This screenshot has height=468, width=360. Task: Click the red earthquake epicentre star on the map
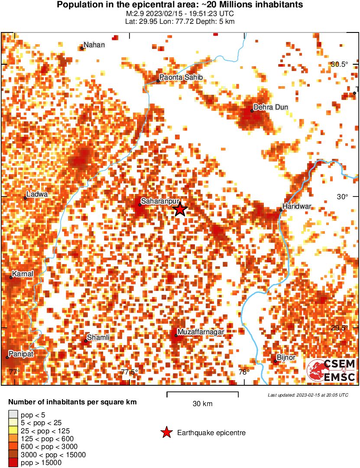click(x=180, y=210)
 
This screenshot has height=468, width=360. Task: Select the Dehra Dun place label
click(x=270, y=107)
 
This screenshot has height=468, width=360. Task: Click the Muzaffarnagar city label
click(x=201, y=332)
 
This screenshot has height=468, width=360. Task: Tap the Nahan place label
click(x=94, y=45)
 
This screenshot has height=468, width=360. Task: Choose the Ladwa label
click(x=37, y=194)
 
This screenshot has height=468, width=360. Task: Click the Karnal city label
click(x=23, y=274)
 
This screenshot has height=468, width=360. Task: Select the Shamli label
click(x=98, y=337)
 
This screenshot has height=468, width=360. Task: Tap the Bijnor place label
click(x=286, y=357)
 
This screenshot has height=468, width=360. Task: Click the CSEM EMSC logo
click(x=331, y=371)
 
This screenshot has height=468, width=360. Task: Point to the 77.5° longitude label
click(x=129, y=372)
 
